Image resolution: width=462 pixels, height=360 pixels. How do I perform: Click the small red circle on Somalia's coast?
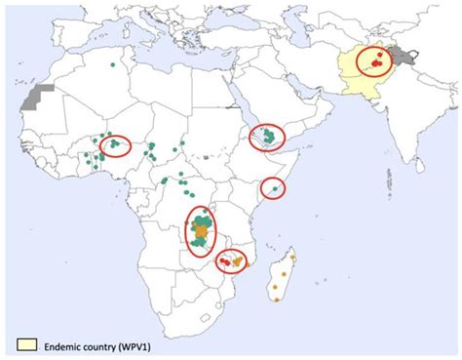[274, 187]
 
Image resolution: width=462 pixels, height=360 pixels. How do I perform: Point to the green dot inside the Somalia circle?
[275, 187]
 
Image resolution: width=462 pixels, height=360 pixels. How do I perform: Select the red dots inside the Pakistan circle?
[373, 62]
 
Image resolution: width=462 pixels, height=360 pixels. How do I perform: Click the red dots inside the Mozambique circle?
[231, 261]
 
